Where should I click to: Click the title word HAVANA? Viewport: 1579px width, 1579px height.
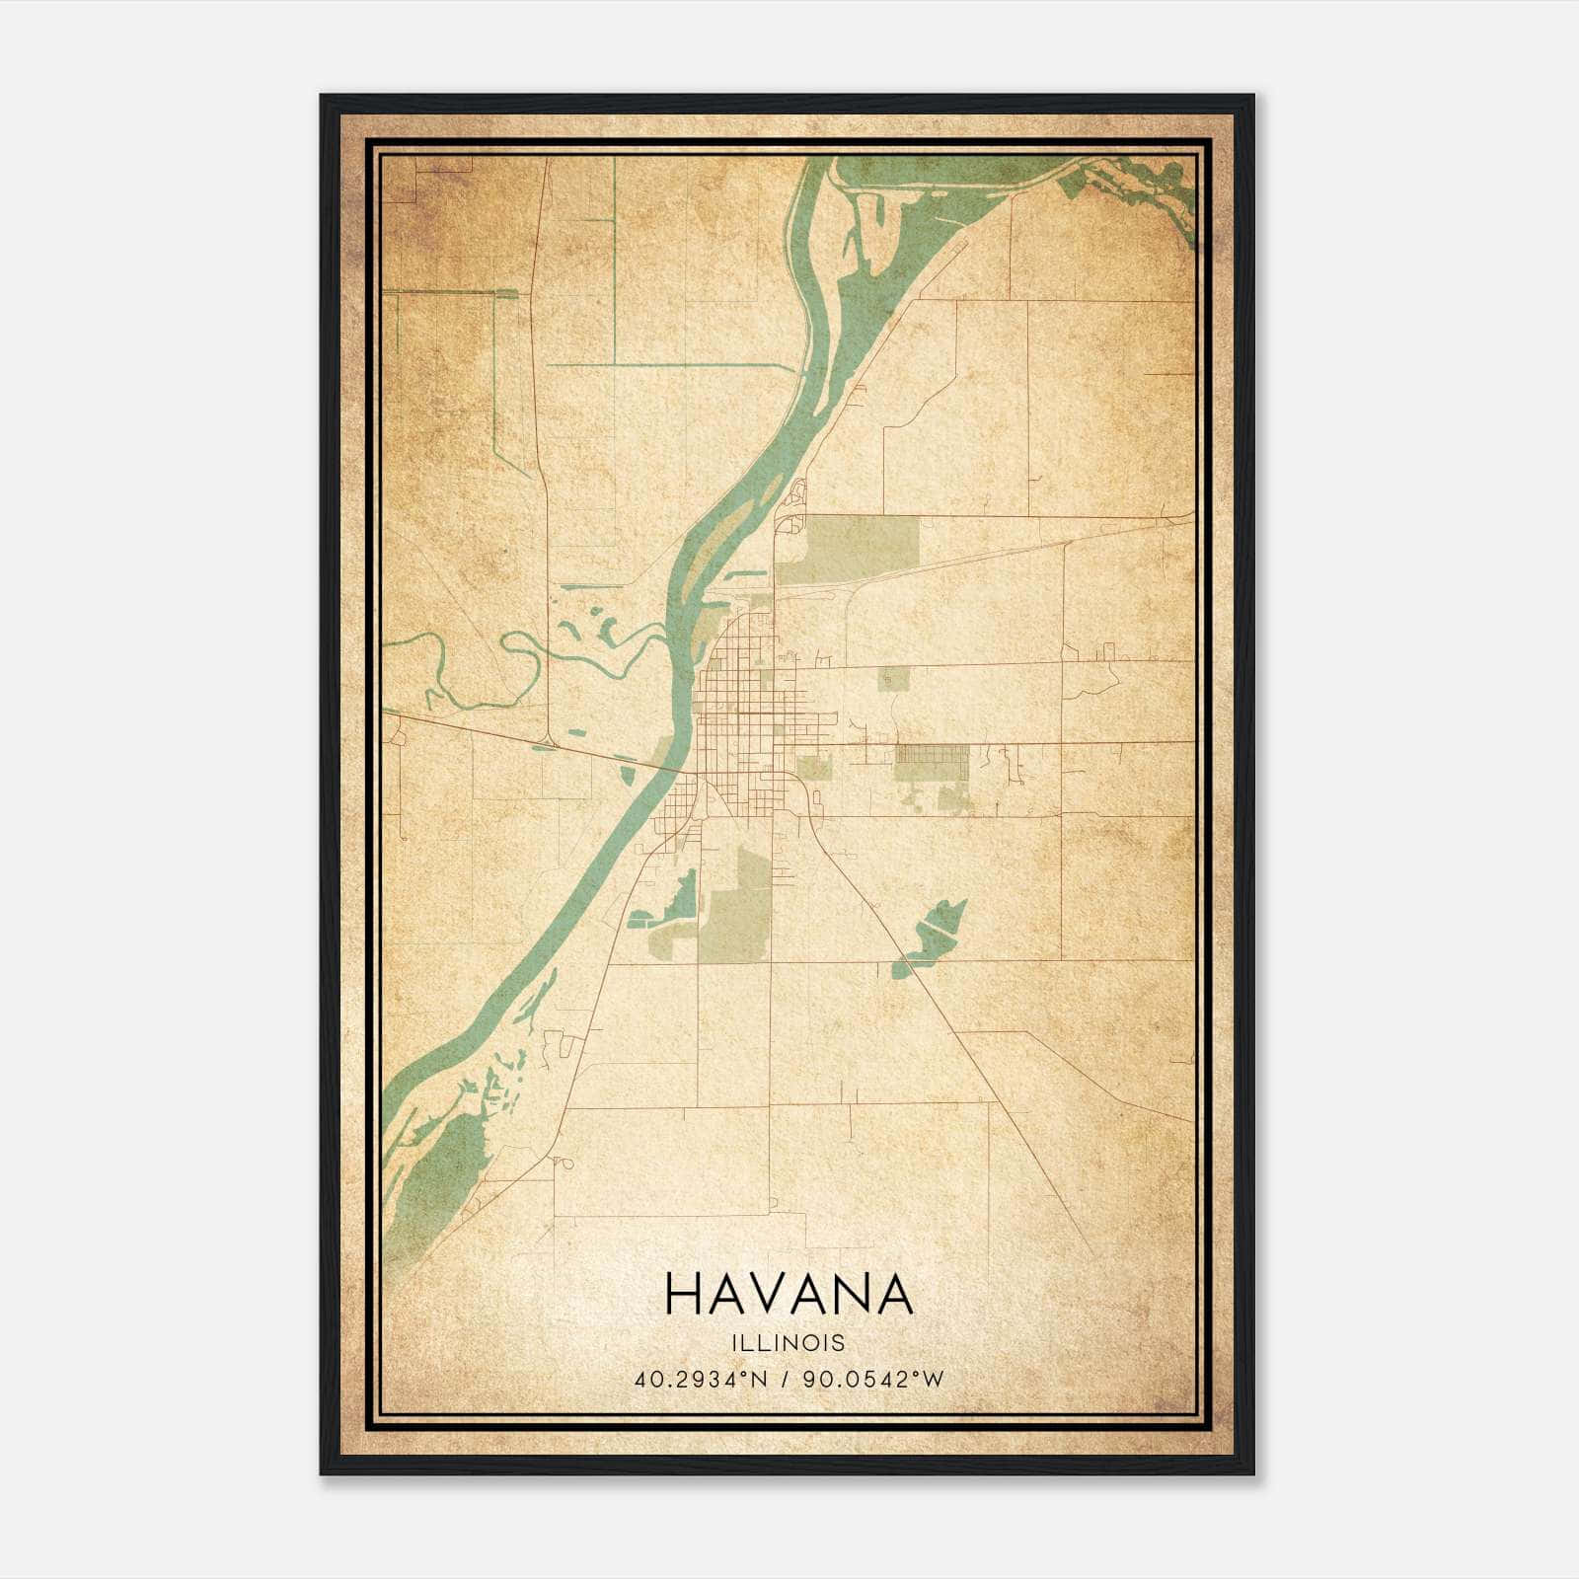(x=789, y=1295)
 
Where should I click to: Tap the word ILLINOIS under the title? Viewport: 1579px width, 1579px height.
(x=789, y=1343)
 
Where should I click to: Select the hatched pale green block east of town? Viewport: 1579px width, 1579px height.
(x=931, y=761)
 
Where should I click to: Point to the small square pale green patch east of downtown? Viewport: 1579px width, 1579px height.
(x=893, y=679)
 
